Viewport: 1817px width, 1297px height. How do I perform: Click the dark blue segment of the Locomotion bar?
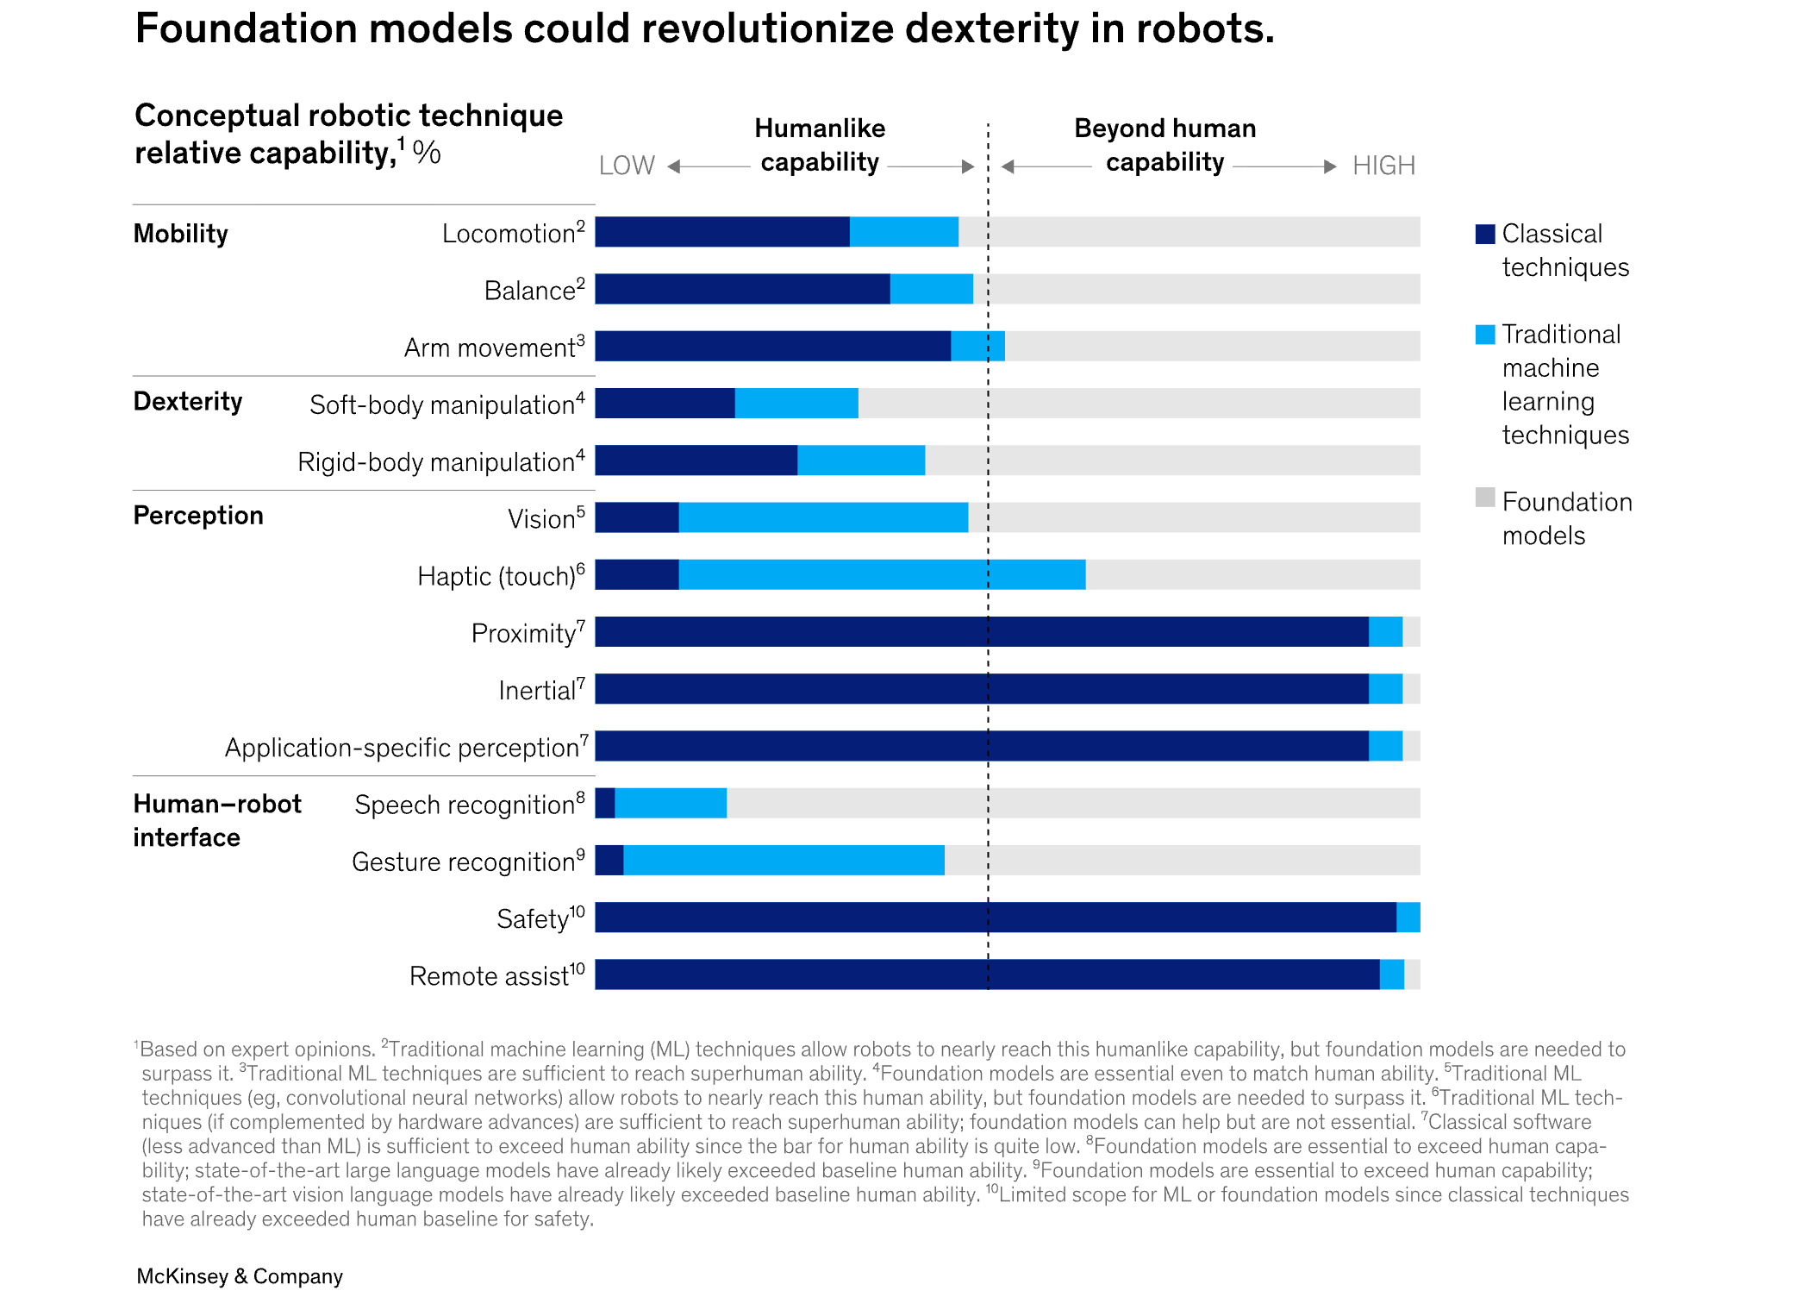[722, 232]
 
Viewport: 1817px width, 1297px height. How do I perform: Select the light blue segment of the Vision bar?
[823, 517]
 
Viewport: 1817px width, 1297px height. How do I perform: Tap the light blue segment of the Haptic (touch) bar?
[882, 574]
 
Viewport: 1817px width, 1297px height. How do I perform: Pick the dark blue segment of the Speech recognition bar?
[605, 803]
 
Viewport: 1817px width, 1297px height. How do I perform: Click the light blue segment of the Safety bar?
[1408, 918]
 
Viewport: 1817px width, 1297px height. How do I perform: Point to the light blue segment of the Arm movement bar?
[977, 346]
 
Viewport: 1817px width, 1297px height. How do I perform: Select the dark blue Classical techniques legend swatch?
[1485, 234]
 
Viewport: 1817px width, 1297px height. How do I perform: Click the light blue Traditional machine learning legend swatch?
[1485, 335]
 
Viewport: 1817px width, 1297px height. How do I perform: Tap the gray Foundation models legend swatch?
[1485, 498]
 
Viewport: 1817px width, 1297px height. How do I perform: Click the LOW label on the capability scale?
[627, 165]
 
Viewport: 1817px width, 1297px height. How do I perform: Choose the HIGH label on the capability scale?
[1383, 165]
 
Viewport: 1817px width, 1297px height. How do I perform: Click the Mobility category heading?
[181, 234]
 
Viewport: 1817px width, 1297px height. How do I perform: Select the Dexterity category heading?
[188, 402]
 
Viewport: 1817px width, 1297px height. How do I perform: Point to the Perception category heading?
[198, 516]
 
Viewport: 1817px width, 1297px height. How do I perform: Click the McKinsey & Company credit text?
[240, 1275]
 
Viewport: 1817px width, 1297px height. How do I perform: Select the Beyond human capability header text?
[1165, 145]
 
